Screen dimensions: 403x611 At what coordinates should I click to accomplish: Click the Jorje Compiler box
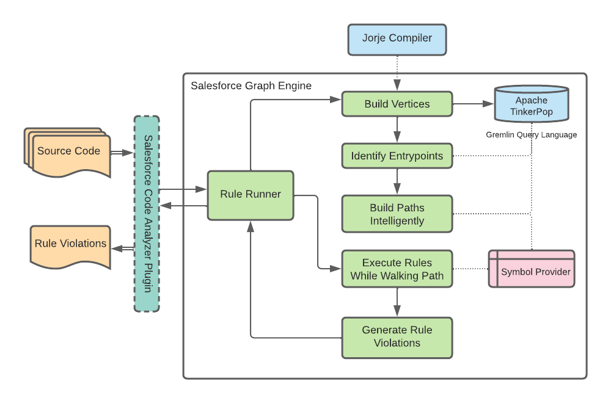(x=397, y=38)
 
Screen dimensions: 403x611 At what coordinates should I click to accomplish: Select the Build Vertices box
(x=397, y=104)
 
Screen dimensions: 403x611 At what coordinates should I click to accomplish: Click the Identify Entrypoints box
(x=397, y=156)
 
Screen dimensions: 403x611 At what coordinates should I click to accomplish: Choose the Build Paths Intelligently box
(x=397, y=214)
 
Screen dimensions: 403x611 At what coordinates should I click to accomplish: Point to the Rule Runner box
(x=251, y=195)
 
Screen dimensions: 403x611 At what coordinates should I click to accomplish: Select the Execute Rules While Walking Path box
(x=397, y=269)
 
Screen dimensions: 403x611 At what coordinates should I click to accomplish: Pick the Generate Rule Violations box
(x=397, y=336)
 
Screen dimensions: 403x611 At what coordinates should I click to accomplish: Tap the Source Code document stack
(x=68, y=152)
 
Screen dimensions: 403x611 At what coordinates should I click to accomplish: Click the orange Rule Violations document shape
(x=70, y=245)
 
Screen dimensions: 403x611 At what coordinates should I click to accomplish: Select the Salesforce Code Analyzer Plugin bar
(x=147, y=214)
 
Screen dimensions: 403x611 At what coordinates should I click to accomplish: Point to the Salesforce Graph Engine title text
(x=251, y=85)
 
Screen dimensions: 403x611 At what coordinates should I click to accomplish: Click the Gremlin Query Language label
(x=531, y=134)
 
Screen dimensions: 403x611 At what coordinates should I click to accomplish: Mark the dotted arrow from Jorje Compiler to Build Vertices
(x=397, y=73)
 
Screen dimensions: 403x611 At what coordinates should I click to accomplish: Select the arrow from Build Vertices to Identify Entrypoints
(x=397, y=129)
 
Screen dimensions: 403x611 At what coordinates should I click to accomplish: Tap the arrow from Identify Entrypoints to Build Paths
(x=397, y=181)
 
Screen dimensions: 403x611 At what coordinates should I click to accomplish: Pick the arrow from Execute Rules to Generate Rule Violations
(x=397, y=302)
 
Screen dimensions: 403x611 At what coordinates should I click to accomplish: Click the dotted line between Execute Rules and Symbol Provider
(x=470, y=269)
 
